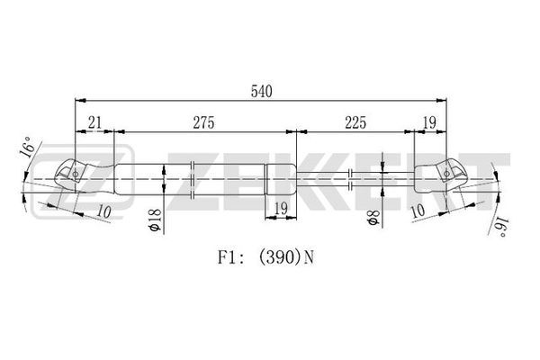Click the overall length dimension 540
[261, 91]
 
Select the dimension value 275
[203, 122]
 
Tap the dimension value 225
[355, 122]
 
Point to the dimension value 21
[94, 122]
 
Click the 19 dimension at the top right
[429, 122]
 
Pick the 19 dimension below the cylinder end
[281, 208]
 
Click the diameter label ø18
[156, 220]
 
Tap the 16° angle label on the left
[28, 147]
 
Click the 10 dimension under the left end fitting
[103, 211]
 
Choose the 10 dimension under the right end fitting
[418, 210]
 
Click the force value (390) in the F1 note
[279, 257]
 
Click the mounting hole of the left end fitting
[75, 175]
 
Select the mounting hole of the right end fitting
[446, 174]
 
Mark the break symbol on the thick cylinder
[193, 179]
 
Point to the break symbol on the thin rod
[350, 179]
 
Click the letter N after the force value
[310, 257]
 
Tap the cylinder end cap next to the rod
[280, 180]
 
